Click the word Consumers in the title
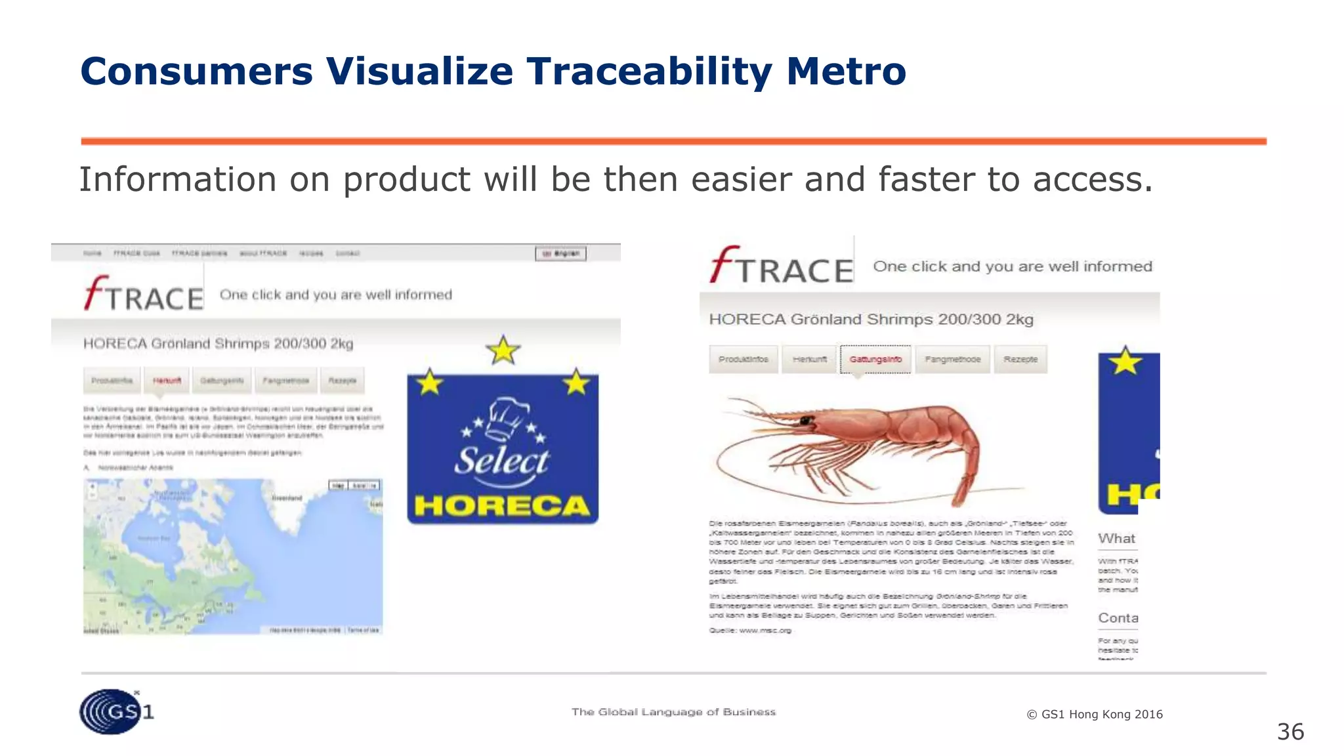tap(196, 71)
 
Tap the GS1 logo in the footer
tap(115, 711)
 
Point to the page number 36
tap(1290, 732)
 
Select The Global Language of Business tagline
tap(673, 712)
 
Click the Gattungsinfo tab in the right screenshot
tap(875, 359)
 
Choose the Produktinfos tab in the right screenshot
tap(743, 359)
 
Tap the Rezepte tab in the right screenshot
tap(1020, 359)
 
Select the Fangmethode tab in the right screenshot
tap(952, 359)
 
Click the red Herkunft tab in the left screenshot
tap(167, 381)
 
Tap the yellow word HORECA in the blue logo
tap(502, 506)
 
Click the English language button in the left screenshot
tap(561, 253)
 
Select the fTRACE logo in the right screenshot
tap(781, 266)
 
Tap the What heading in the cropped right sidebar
tap(1116, 539)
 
